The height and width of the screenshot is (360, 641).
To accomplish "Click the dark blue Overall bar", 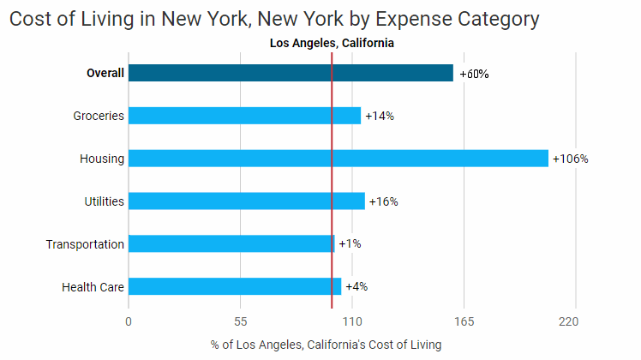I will (x=291, y=73).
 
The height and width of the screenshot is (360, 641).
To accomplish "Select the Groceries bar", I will (x=244, y=116).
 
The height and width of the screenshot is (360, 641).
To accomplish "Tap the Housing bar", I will (x=338, y=159).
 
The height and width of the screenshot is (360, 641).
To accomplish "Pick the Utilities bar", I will (x=246, y=201).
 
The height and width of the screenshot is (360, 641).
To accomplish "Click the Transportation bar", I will (x=231, y=243).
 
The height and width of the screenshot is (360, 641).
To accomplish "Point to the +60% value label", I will (x=474, y=74).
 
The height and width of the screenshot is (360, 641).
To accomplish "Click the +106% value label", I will (x=571, y=159).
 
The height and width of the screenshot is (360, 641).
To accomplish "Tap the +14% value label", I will (x=380, y=116).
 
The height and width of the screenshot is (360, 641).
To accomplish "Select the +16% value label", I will (x=384, y=201).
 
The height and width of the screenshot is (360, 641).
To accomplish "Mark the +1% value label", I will (x=350, y=243).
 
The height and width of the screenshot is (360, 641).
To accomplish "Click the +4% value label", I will (x=356, y=286).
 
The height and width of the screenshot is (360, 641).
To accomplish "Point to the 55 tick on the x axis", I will (x=241, y=322).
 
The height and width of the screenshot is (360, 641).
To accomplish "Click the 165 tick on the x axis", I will (x=464, y=322).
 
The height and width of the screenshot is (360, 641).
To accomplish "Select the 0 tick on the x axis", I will (x=129, y=322).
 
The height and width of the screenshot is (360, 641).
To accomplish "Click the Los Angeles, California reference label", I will (x=332, y=44).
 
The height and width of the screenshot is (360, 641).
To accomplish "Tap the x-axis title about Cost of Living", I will (x=326, y=345).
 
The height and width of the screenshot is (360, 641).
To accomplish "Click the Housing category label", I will (x=102, y=159).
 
